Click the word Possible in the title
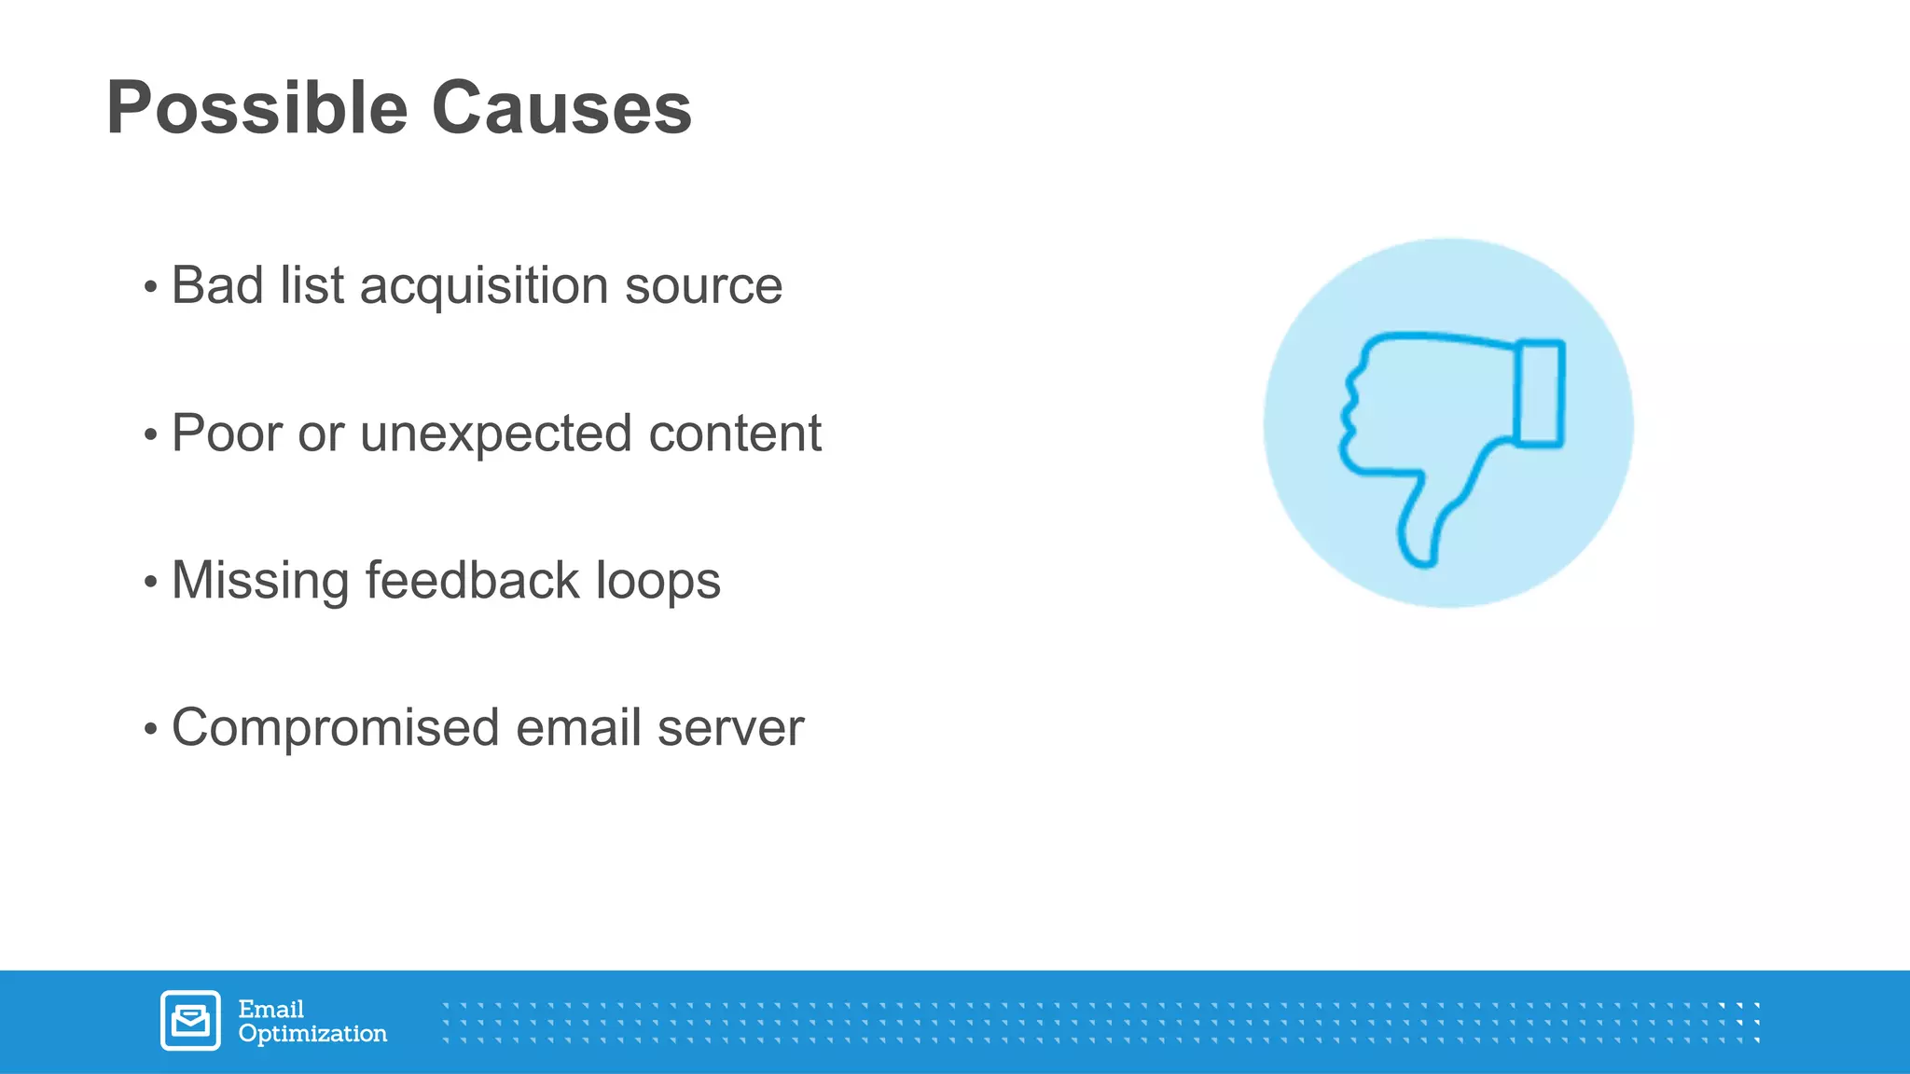point(257,108)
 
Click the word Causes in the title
point(561,108)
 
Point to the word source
point(703,287)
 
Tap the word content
point(735,434)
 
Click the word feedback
point(473,580)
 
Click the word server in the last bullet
point(730,729)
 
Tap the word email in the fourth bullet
point(578,728)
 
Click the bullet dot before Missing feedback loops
point(151,583)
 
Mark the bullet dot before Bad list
point(151,287)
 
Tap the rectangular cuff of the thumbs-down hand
point(1540,393)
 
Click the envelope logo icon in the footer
point(190,1021)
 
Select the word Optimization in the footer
point(312,1034)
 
